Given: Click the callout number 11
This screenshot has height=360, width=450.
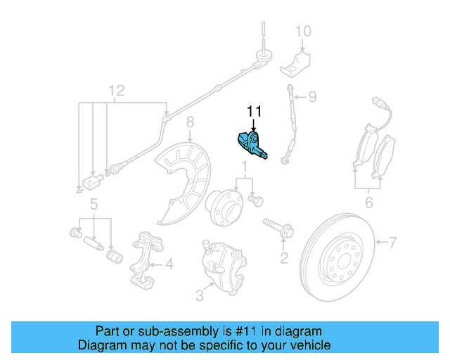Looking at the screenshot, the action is (253, 111).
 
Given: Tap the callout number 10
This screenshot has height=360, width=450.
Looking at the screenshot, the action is (302, 31).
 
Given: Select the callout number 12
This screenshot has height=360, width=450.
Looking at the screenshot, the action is (116, 90).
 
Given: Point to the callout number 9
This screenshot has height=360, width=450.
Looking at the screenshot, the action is (313, 96).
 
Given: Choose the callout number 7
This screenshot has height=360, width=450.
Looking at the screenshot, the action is (392, 243).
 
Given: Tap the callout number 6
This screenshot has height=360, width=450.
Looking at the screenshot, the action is (368, 205).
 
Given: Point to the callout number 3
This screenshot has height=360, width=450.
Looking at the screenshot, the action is (200, 296).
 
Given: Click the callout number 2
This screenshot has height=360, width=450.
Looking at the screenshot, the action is (284, 258).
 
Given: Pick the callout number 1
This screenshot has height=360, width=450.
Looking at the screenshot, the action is (244, 167).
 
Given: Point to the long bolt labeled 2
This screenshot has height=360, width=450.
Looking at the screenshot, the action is (279, 228).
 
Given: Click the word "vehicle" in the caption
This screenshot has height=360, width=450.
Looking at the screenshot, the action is (305, 346).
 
